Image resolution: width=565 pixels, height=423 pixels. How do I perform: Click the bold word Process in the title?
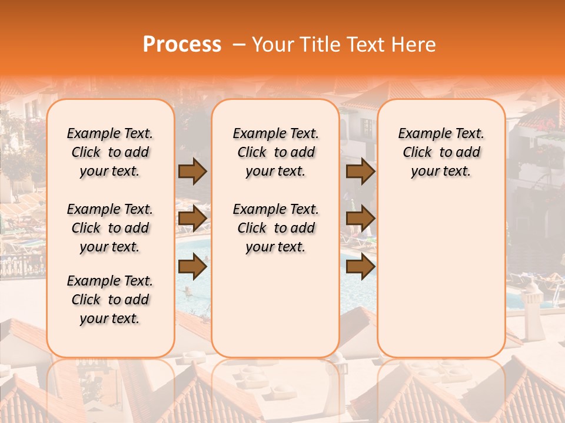click(182, 45)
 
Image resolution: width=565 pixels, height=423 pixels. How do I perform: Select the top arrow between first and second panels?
click(192, 171)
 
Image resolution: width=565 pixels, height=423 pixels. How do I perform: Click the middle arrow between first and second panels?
click(192, 219)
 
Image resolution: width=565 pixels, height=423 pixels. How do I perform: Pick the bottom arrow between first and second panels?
click(192, 267)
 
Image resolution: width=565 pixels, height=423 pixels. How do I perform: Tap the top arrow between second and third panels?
click(360, 171)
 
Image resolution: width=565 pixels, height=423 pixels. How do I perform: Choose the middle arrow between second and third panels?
click(360, 219)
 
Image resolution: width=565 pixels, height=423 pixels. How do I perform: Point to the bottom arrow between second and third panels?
click(360, 267)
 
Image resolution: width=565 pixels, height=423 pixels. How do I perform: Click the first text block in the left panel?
click(110, 152)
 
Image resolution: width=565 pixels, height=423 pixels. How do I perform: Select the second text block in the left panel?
click(110, 228)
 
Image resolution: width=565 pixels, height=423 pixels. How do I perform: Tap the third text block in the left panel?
click(110, 300)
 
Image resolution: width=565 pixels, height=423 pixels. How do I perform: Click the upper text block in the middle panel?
click(276, 152)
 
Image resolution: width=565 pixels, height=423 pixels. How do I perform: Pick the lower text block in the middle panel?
click(276, 228)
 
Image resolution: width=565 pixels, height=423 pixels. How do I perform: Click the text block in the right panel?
click(441, 152)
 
